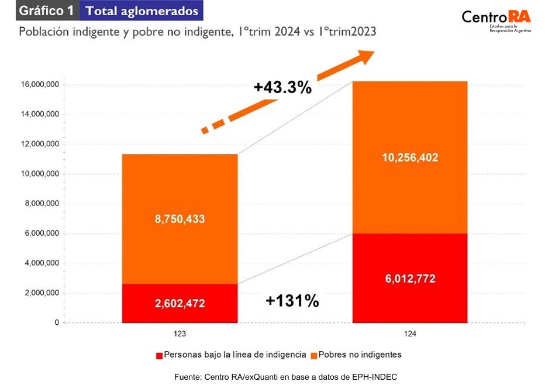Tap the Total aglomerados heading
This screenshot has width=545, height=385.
[142, 11]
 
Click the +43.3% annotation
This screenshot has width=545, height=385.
[282, 88]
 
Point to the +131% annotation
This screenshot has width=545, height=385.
[292, 301]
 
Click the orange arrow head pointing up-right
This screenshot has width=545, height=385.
[364, 57]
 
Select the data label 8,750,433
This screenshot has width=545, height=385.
[180, 219]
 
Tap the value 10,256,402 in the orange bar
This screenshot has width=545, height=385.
[409, 157]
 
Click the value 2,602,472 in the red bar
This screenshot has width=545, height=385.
[180, 304]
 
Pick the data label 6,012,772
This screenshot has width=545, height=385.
[409, 279]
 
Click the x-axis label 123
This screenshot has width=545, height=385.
[180, 333]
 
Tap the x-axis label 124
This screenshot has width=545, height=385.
[410, 333]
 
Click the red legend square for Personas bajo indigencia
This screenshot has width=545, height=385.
[159, 355]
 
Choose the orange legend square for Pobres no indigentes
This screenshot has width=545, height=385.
[313, 355]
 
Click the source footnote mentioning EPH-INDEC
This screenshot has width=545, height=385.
[285, 377]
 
